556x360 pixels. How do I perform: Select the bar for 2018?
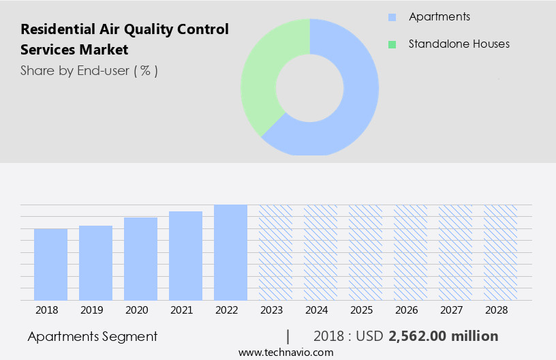(x=50, y=265)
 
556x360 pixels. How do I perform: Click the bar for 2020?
(x=140, y=259)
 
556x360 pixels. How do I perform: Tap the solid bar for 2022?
(x=230, y=252)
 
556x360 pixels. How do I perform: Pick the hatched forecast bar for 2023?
(x=275, y=252)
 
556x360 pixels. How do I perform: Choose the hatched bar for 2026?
(x=410, y=252)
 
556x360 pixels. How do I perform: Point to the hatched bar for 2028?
(x=500, y=252)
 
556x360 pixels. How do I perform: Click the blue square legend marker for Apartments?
(x=392, y=17)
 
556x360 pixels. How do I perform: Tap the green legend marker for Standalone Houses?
(x=392, y=44)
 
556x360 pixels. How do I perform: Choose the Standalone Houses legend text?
(x=459, y=44)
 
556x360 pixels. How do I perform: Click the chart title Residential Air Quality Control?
(x=125, y=29)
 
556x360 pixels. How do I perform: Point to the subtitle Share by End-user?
(x=89, y=70)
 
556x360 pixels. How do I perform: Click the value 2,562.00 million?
(x=443, y=336)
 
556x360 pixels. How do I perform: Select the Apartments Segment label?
(x=93, y=336)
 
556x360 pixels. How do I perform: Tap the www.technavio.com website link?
(x=286, y=352)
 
